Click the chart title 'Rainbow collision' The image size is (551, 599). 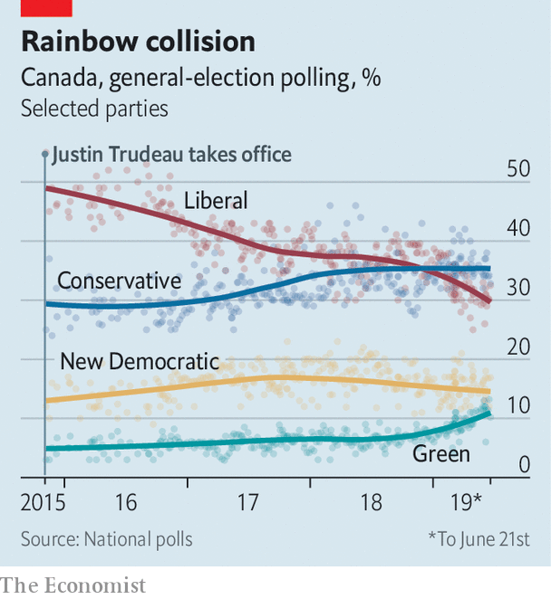pos(138,42)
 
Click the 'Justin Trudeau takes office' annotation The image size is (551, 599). pos(172,155)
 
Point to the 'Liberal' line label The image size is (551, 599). pos(216,201)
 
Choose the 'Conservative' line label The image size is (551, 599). pos(119,281)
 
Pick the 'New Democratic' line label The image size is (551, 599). pos(140,362)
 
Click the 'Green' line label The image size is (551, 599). pos(441,453)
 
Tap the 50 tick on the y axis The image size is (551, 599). pos(517,169)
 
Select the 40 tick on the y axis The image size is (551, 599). pos(517,228)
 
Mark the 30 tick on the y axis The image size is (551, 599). pos(517,288)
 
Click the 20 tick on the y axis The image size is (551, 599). pos(517,347)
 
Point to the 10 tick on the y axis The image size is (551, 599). pos(517,406)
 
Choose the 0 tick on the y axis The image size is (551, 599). pos(523,465)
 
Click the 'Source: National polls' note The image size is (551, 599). pos(107,539)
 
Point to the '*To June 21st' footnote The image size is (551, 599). pos(479,539)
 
